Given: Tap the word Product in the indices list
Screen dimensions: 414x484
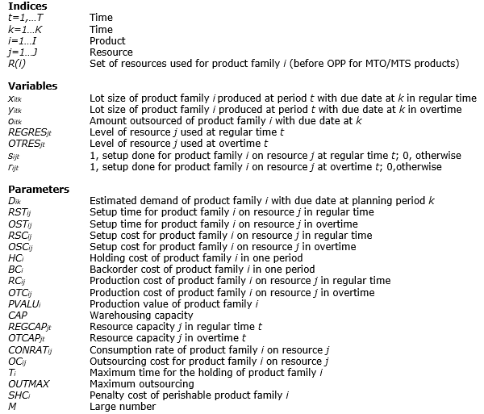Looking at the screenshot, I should point(107,40).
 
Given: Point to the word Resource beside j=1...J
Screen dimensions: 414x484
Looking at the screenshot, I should point(111,52).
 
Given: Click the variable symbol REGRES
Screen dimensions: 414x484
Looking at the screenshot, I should point(25,132).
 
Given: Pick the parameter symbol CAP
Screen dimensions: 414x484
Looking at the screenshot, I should point(17,315).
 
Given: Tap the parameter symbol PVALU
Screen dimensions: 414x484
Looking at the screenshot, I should point(22,303).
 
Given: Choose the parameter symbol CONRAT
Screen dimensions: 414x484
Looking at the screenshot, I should point(27,349).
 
